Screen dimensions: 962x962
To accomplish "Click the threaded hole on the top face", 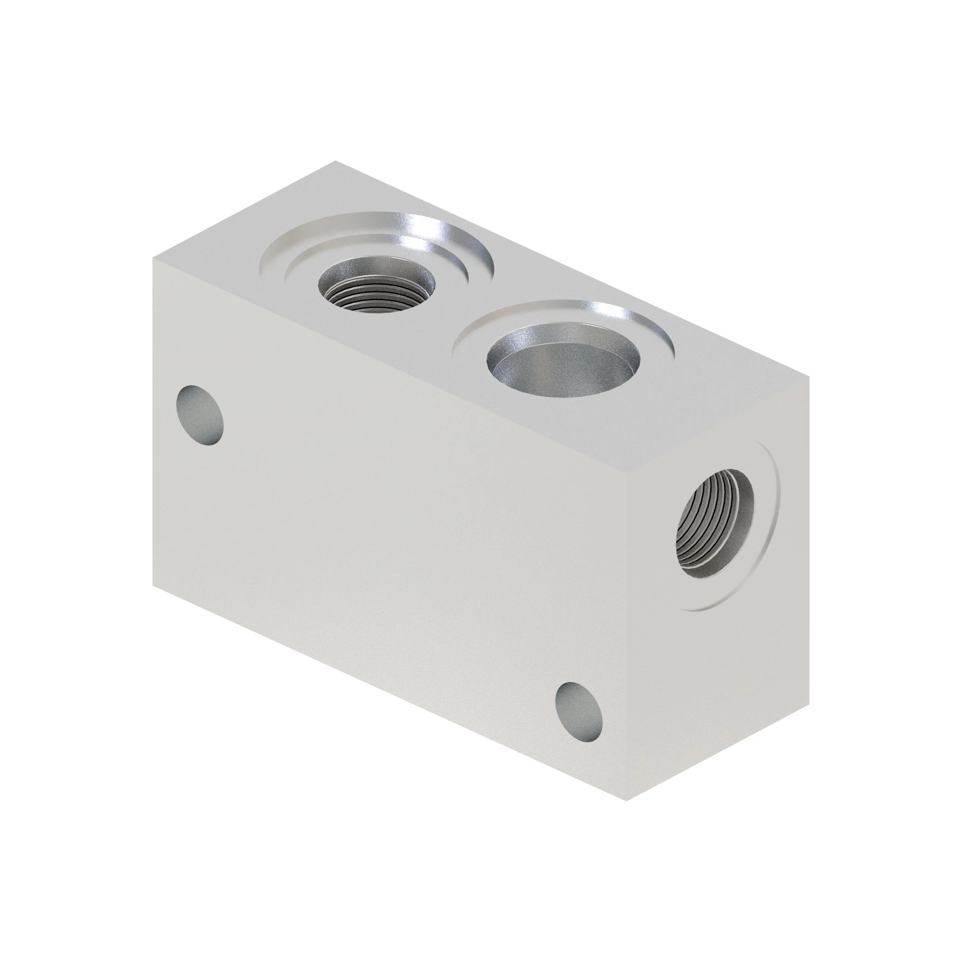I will (376, 288).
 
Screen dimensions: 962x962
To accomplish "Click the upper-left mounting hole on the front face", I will (200, 415).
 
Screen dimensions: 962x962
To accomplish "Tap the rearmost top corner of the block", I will (335, 161).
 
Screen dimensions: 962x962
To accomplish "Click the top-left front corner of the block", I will (153, 258).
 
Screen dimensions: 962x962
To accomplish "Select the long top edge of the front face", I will (388, 366).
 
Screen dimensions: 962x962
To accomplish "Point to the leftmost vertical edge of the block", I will (153, 423).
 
